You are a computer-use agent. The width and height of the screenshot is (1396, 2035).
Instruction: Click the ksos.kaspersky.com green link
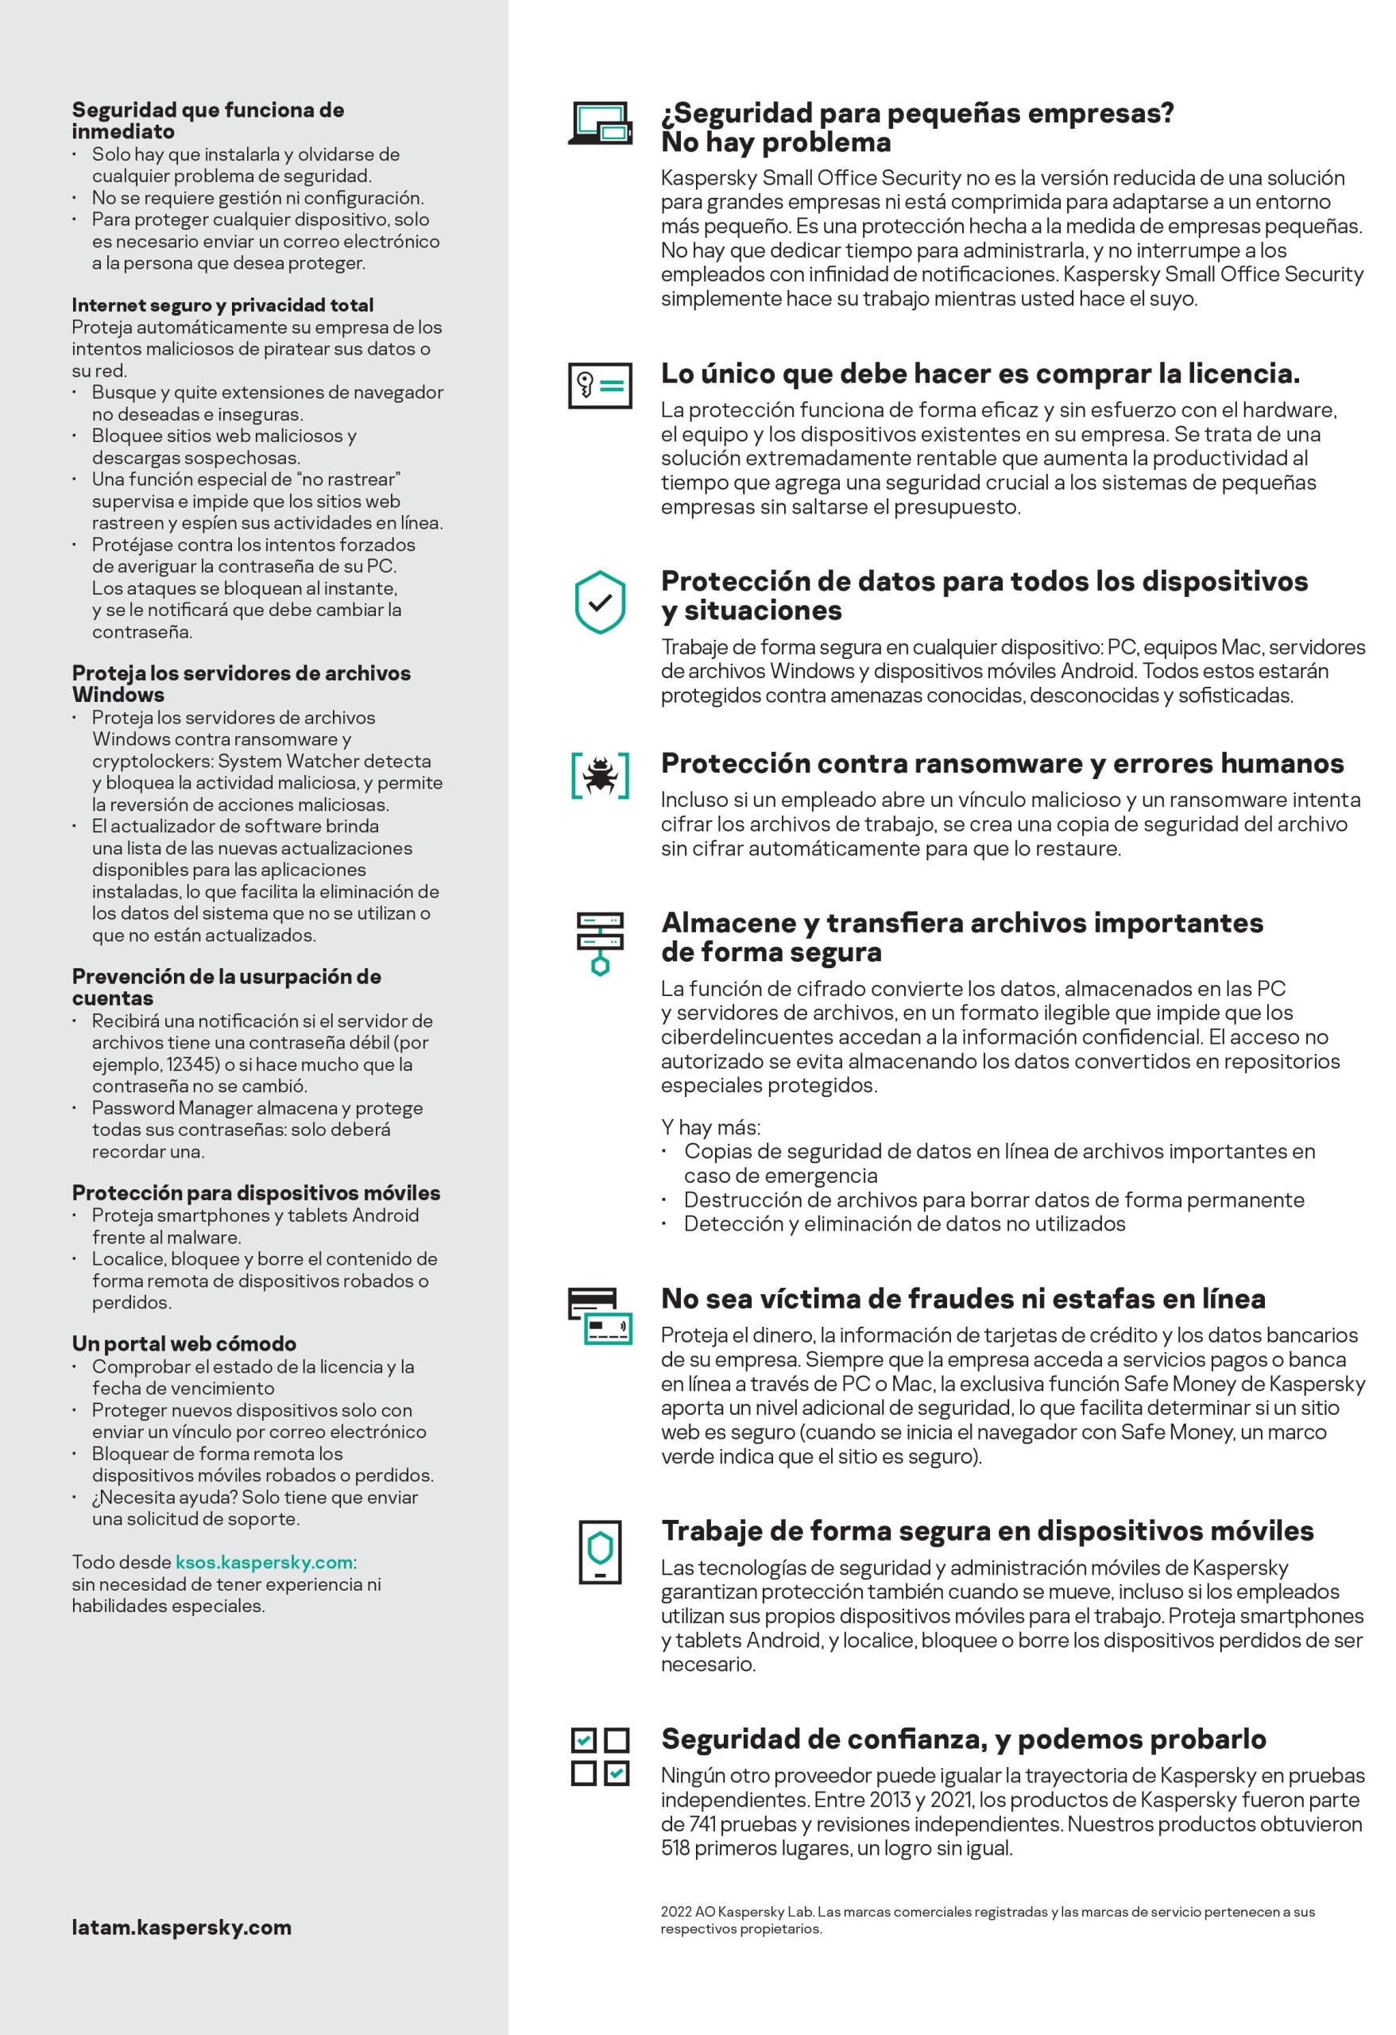pos(265,1562)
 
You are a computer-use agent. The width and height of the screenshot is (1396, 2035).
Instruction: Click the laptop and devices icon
pos(600,123)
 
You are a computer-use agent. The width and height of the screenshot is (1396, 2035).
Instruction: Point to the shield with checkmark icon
pos(600,603)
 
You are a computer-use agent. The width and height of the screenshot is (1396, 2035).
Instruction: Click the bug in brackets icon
pos(600,775)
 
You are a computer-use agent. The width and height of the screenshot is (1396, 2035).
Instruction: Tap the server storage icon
pos(600,943)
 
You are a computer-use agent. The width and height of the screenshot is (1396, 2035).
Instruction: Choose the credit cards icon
pos(600,1316)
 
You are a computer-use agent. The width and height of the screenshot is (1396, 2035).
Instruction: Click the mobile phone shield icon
pos(600,1552)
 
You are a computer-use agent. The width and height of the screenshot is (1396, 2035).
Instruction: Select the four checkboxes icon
pos(600,1757)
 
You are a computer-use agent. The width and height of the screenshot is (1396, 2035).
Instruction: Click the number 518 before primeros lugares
pos(675,1848)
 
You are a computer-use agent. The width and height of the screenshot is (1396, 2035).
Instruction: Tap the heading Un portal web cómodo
pos(184,1343)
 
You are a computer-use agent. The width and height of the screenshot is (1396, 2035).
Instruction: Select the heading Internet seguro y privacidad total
pos(222,304)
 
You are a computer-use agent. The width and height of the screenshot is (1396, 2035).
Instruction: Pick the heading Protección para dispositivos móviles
pos(256,1192)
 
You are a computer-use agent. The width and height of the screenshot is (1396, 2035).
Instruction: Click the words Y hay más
pos(710,1127)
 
